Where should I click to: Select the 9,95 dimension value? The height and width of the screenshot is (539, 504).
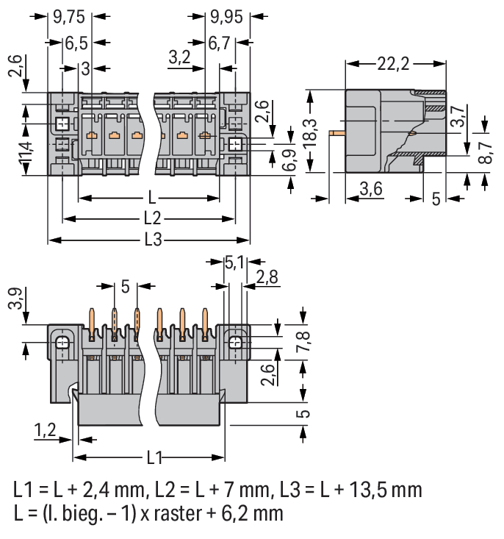tap(227, 15)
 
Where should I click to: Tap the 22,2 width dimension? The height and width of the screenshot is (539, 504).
tap(393, 65)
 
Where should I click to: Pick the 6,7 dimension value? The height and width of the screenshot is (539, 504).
tap(220, 43)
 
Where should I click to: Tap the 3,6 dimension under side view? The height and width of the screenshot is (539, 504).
tap(370, 190)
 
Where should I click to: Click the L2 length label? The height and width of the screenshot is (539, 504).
tap(151, 218)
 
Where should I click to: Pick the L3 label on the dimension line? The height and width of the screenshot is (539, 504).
tap(152, 240)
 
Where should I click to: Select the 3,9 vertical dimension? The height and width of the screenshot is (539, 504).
tap(14, 300)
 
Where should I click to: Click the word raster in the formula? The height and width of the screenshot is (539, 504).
tap(165, 512)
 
